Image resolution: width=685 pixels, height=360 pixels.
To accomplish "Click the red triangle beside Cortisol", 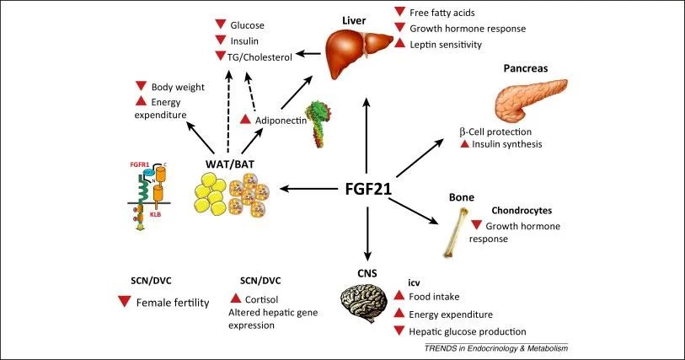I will (235, 298).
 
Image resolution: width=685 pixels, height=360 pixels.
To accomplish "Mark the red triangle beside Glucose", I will (221, 25).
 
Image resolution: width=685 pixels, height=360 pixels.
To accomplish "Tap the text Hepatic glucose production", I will (467, 331).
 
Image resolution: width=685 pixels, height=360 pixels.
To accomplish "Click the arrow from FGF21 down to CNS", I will (367, 231).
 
